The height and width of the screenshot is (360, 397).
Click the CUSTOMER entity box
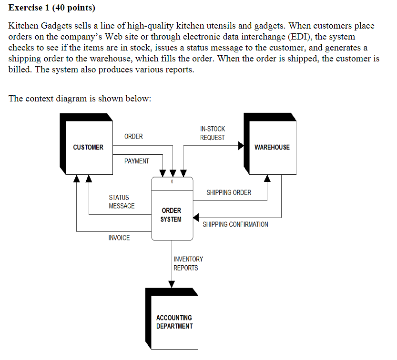pos(88,147)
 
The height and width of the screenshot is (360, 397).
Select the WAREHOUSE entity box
pos(272,147)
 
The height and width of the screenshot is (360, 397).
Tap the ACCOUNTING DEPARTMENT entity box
pos(174,321)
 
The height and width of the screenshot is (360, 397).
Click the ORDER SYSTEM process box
pos(172,214)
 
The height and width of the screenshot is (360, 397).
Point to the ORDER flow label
pos(133,137)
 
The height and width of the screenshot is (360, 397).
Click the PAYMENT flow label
pos(137,161)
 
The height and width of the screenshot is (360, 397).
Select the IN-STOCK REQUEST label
pos(213,133)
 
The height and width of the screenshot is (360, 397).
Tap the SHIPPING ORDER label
pos(229,192)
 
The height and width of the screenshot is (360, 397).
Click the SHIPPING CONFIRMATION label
pos(235,224)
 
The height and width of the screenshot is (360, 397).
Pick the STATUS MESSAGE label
pos(122,201)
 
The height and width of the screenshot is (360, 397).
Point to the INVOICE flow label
pos(119,238)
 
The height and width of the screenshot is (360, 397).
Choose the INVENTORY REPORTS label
pos(188,263)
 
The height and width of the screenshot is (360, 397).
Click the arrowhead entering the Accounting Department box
pos(172,284)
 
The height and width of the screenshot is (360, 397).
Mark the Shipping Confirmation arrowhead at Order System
pos(196,218)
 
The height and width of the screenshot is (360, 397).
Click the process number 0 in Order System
pos(172,182)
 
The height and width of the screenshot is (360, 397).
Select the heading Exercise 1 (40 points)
pos(52,8)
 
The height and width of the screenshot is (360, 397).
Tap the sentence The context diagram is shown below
pos(80,99)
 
